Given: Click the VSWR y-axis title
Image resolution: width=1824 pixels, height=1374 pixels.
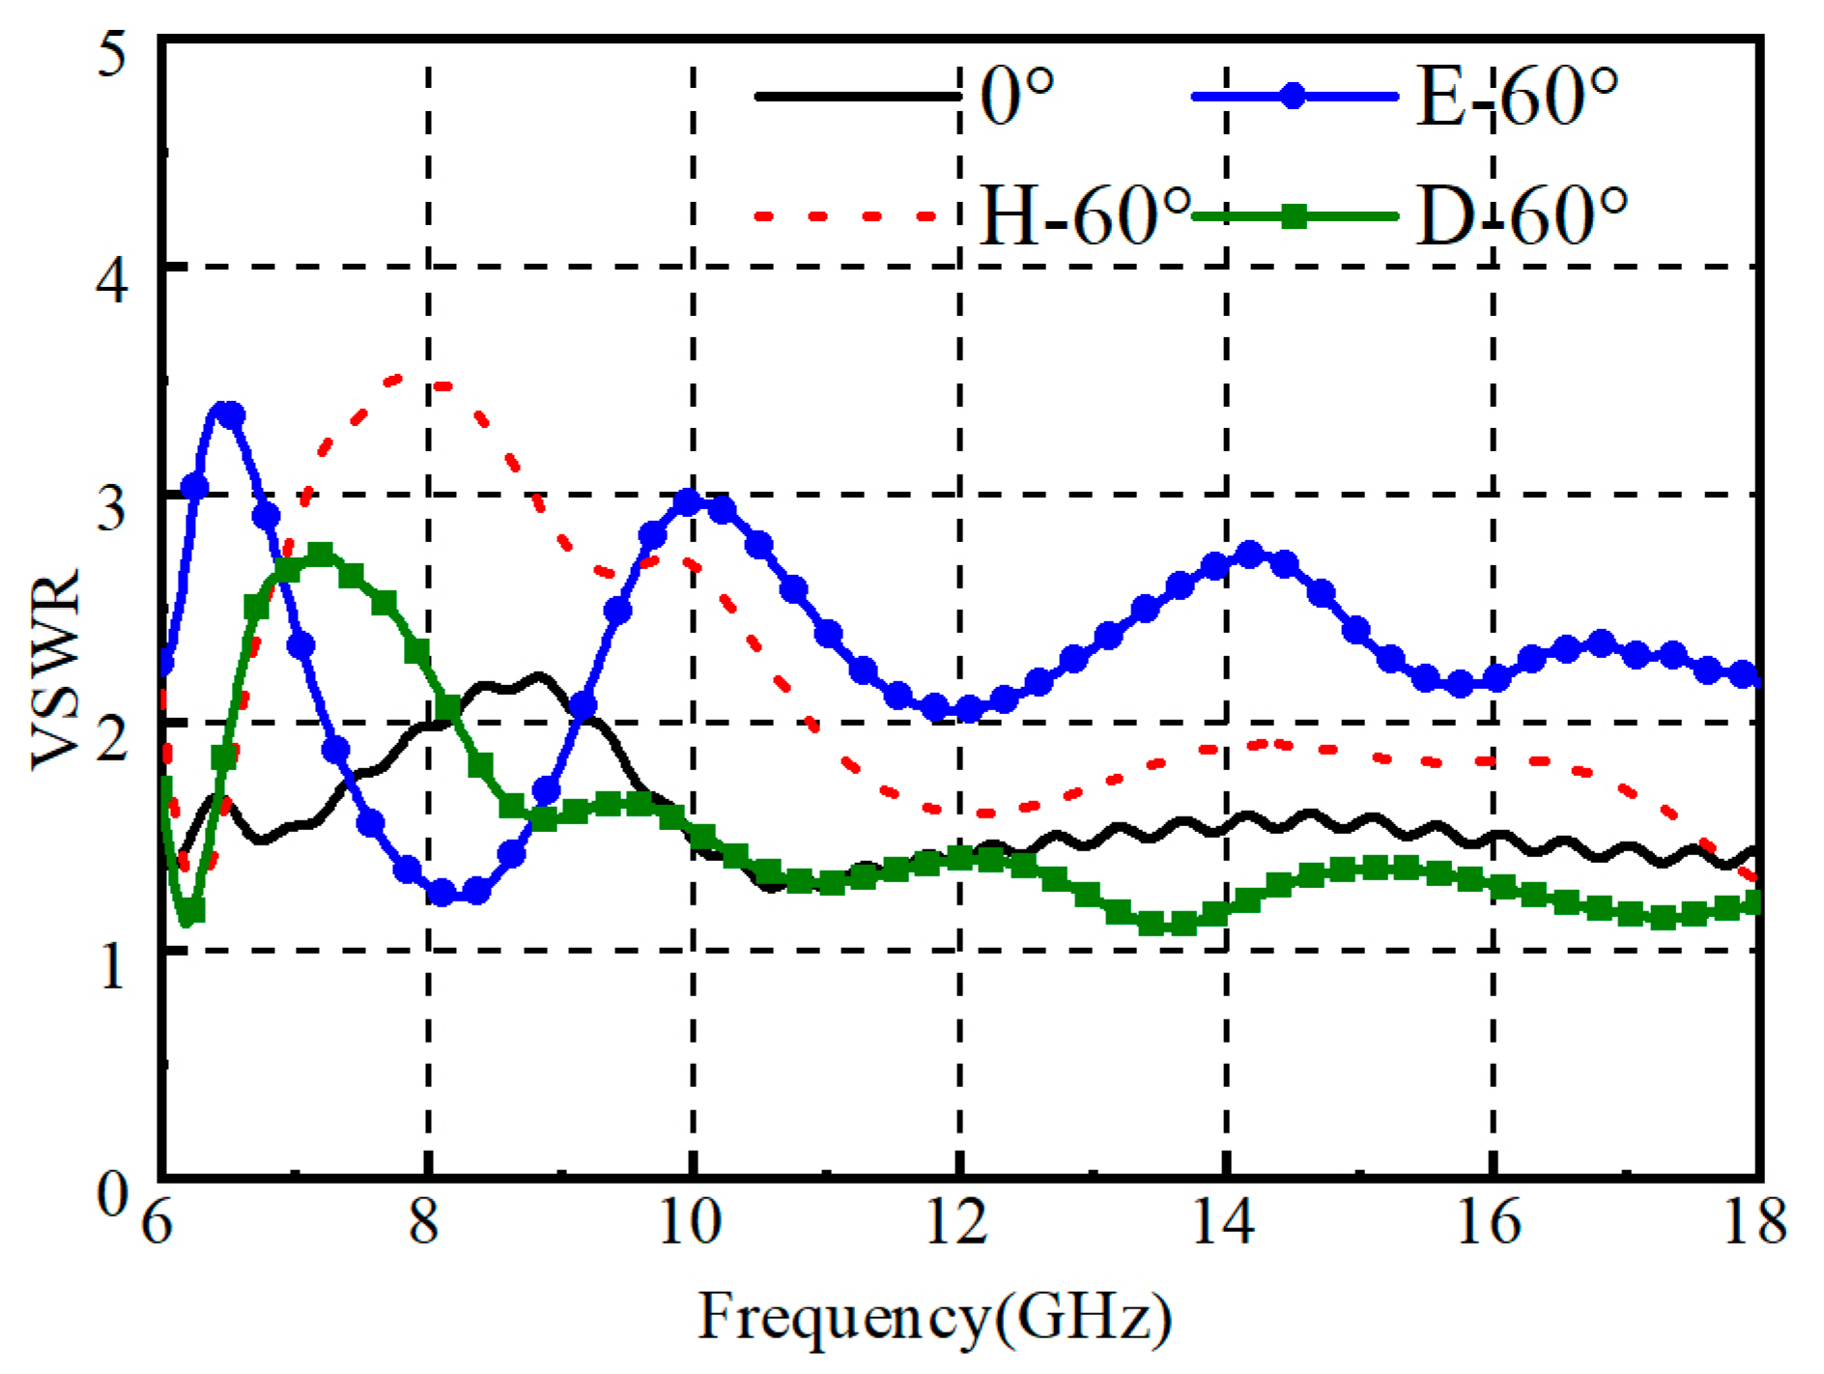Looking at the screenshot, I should click(55, 669).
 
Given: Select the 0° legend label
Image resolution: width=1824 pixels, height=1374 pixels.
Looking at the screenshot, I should click(1017, 97).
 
